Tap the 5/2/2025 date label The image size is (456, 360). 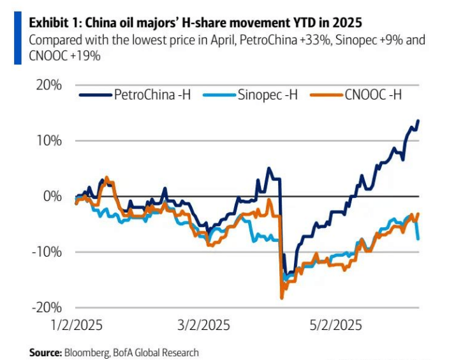pyautogui.click(x=337, y=326)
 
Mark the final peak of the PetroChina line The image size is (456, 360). pyautogui.click(x=418, y=120)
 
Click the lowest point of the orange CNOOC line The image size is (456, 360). pyautogui.click(x=282, y=298)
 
